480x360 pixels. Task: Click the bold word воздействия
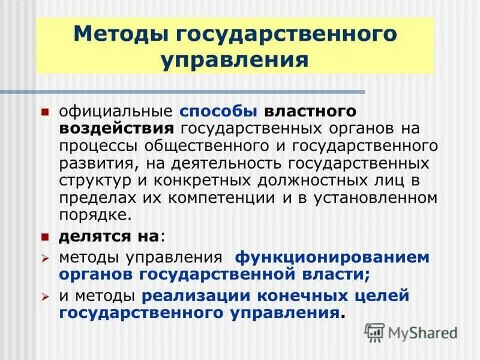(116, 128)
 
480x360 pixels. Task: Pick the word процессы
(95, 146)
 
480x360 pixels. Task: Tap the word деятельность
(233, 163)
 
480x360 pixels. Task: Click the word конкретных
(208, 180)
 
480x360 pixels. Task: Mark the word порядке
(93, 214)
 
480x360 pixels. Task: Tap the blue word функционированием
(332, 257)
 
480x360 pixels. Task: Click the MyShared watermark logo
(412, 332)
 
